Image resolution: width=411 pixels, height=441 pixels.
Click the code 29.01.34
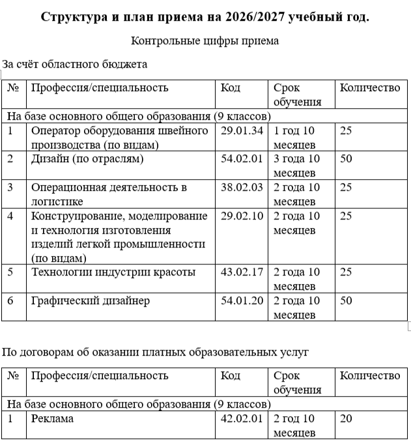click(242, 130)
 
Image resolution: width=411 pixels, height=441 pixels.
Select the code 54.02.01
click(242, 158)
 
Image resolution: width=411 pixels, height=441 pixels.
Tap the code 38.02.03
click(242, 187)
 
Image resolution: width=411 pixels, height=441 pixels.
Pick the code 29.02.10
click(242, 216)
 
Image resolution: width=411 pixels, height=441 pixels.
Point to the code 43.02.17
click(242, 272)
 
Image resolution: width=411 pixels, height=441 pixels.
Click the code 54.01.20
click(242, 300)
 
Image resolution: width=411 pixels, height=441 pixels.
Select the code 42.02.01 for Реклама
click(242, 418)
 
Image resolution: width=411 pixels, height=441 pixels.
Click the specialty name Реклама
click(52, 418)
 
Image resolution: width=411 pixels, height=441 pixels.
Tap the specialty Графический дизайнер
click(91, 300)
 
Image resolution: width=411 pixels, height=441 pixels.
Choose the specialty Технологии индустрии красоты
click(113, 272)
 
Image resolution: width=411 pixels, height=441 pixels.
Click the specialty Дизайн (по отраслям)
click(87, 158)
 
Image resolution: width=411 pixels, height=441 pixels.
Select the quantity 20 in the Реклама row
click(346, 418)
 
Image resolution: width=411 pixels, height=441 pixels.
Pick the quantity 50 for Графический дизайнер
click(346, 300)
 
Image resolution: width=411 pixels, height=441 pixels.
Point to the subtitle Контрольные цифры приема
click(205, 41)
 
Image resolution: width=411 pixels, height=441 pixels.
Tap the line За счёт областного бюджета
click(75, 64)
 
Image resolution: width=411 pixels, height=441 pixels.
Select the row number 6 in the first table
click(10, 300)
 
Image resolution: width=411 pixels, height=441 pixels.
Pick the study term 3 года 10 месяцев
click(297, 165)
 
